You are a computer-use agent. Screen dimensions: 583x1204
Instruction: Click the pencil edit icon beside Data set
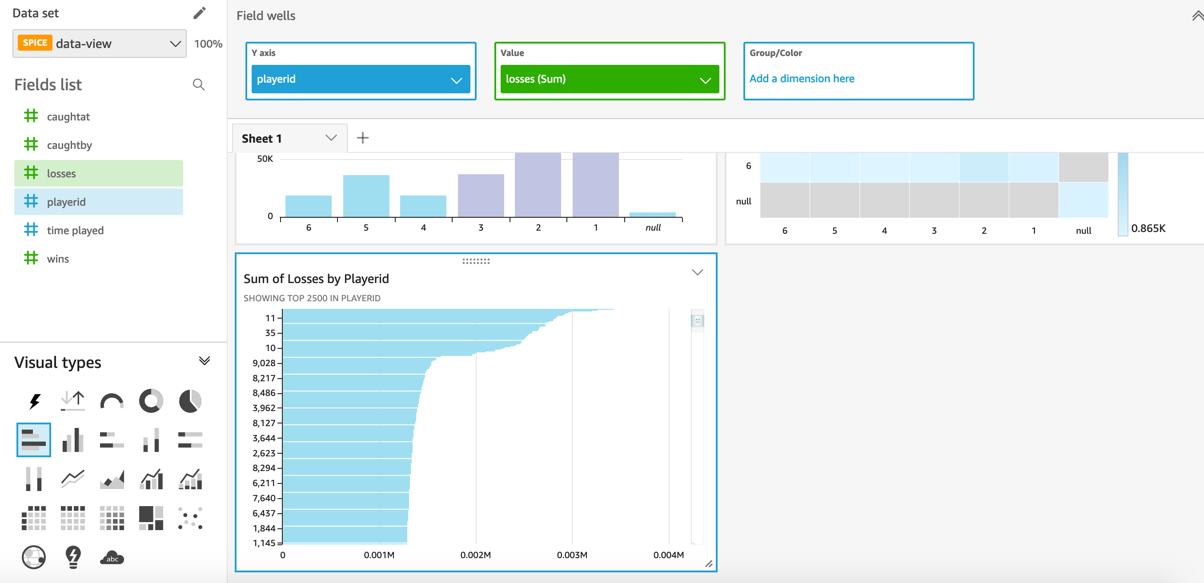coord(200,13)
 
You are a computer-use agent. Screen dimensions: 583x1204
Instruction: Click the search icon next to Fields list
coord(199,84)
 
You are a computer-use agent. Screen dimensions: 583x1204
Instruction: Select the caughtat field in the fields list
coord(68,117)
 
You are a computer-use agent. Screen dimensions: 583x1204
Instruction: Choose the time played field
coord(75,230)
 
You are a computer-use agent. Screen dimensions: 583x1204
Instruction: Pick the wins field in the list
coord(57,259)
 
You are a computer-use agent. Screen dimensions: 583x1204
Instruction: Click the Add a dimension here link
coord(802,79)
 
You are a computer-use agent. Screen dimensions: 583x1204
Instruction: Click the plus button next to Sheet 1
coord(363,138)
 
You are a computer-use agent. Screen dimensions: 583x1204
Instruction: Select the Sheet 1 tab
coord(262,138)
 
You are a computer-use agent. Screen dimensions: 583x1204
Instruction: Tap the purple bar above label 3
coord(481,195)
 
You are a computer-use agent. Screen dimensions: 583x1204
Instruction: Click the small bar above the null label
coord(653,215)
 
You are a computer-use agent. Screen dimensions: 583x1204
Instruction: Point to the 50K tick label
coord(265,159)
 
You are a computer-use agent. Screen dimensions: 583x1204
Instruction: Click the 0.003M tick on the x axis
coord(572,555)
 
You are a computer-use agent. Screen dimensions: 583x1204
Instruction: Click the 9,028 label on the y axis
coord(264,363)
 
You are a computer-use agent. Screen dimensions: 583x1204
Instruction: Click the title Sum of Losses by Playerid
coord(316,279)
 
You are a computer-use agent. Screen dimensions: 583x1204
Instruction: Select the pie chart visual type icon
coord(190,401)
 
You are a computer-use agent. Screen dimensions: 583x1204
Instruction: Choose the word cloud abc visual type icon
coord(112,558)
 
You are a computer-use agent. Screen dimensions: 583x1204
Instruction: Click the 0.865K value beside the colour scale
coord(1148,228)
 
